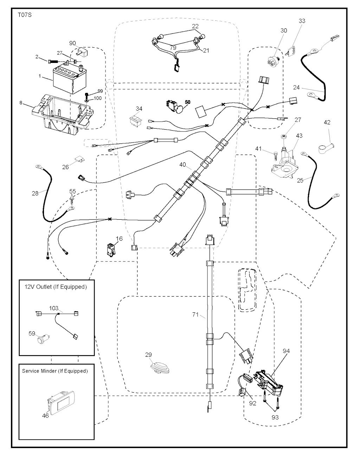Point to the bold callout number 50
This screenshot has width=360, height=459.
(187, 102)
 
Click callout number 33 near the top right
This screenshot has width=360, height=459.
(302, 21)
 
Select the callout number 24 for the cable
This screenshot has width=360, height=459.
(296, 88)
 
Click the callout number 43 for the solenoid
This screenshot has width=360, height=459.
(299, 136)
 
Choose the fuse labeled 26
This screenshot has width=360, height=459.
(79, 161)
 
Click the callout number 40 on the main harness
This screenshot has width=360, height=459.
(182, 164)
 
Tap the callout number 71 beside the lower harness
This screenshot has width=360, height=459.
(195, 315)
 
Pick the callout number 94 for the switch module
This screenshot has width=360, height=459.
(287, 350)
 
